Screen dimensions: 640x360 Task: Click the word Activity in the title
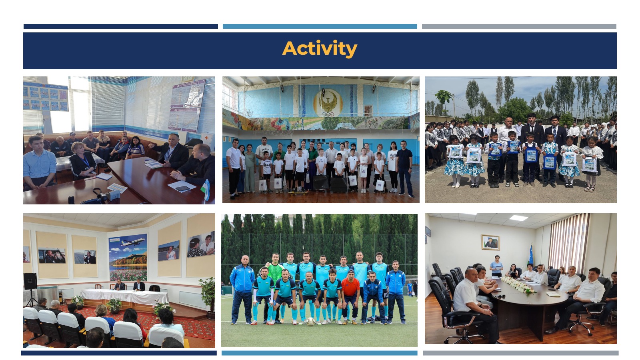[x=320, y=49]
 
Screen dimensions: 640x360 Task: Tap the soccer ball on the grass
[x=310, y=322]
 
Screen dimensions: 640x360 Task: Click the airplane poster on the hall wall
[x=128, y=258]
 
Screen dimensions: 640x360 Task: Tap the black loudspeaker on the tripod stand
[x=30, y=282]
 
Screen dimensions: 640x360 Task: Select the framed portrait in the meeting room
[x=490, y=242]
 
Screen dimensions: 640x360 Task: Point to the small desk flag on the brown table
[x=206, y=190]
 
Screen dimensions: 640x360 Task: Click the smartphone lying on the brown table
[x=182, y=188]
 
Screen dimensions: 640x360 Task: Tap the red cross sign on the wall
[x=206, y=138]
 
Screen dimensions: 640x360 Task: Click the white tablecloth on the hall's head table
[x=125, y=296]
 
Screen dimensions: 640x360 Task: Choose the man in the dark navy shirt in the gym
[x=404, y=168]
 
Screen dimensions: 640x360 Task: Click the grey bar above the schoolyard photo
[x=519, y=26]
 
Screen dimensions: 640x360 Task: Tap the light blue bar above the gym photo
[x=320, y=26]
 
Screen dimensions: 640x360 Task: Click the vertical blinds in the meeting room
[x=568, y=243]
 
